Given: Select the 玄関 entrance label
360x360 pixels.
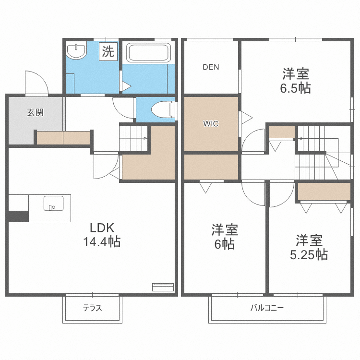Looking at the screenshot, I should click(x=35, y=113).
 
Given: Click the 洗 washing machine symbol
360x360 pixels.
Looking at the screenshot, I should click(x=108, y=51).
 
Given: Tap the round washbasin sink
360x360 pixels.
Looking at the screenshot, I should click(x=76, y=51).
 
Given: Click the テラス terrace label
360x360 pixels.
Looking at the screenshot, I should click(x=92, y=308).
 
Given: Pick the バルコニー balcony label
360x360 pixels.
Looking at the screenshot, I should click(x=267, y=308).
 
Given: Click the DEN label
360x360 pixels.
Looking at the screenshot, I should click(x=210, y=67).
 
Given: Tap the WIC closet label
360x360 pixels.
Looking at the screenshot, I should click(x=211, y=124).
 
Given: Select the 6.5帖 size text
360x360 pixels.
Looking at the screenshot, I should click(x=296, y=88).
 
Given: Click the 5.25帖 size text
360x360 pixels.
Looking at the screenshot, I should click(x=309, y=254).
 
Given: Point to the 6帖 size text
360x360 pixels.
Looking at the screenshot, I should click(x=224, y=244).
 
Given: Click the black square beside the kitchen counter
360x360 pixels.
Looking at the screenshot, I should click(x=18, y=216).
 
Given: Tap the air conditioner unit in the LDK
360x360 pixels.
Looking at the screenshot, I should click(x=162, y=287).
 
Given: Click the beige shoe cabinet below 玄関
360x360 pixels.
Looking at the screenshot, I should click(x=63, y=138).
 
